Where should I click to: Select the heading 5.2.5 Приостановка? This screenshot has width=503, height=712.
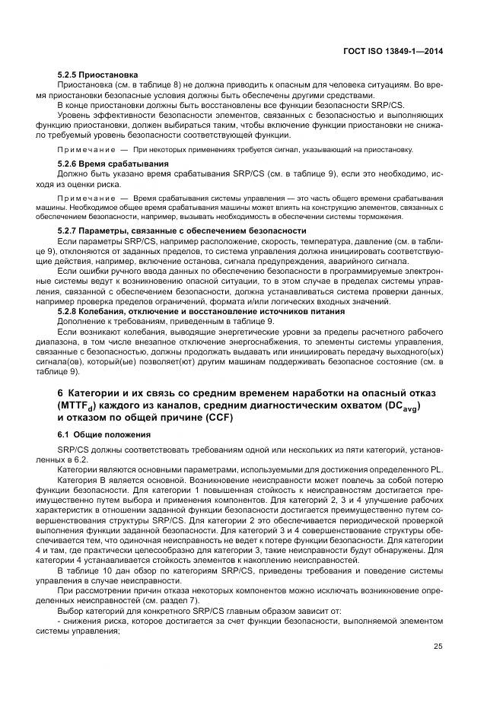[98, 75]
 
